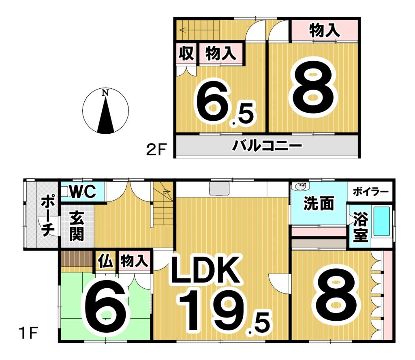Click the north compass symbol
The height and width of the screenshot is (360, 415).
[x=105, y=110]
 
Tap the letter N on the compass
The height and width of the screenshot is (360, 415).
[x=105, y=92]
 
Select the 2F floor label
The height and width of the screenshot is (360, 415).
[x=156, y=150]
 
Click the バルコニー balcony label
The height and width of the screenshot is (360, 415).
[x=267, y=146]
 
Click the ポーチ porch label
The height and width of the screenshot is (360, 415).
[x=47, y=216]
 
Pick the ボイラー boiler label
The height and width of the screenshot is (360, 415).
[x=370, y=191]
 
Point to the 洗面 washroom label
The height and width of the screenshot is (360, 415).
[x=319, y=204]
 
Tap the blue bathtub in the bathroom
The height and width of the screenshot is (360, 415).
[x=381, y=221]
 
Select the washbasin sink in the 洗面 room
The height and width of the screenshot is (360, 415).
[x=300, y=186]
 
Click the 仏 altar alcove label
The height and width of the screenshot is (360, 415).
[x=106, y=261]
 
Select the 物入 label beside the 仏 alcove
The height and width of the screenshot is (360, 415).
[x=134, y=261]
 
